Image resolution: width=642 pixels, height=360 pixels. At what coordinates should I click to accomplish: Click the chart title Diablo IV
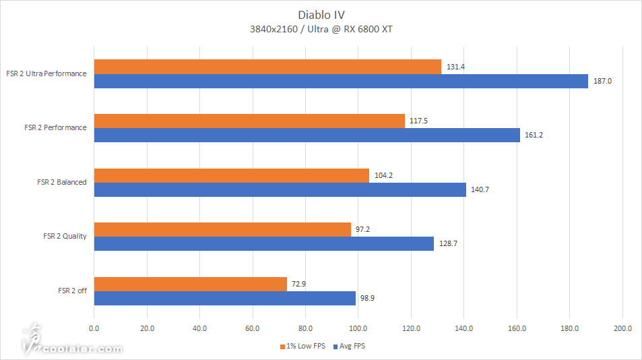pos(321,14)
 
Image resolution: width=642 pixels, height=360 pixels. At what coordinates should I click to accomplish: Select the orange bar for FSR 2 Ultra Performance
pos(267,66)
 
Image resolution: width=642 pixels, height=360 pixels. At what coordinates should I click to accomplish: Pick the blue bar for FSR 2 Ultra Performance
pos(341,81)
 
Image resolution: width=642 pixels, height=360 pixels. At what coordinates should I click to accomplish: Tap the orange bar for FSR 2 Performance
pos(249,121)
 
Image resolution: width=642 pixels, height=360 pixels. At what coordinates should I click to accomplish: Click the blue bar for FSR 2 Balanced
pos(280,189)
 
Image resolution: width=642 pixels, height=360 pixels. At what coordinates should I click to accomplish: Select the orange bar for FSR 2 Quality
pos(222,229)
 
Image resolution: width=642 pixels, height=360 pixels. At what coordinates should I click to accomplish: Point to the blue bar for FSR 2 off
pos(224,298)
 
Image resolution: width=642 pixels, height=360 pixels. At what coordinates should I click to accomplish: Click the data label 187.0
pos(602,81)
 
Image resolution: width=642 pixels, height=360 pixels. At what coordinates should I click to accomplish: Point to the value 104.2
pos(383,175)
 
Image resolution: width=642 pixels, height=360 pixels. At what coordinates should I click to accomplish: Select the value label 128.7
pos(447,244)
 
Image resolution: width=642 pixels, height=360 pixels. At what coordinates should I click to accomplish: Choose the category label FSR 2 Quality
pos(65,236)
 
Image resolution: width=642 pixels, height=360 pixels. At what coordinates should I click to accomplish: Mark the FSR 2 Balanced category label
pos(62,182)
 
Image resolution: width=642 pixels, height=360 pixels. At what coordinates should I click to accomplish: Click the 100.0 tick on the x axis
pos(358,328)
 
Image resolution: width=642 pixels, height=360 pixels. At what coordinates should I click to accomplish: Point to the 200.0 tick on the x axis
pos(622,328)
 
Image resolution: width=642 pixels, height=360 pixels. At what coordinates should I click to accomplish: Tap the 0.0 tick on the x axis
pos(94,328)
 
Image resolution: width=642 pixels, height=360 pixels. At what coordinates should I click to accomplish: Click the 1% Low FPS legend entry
pos(302,346)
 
